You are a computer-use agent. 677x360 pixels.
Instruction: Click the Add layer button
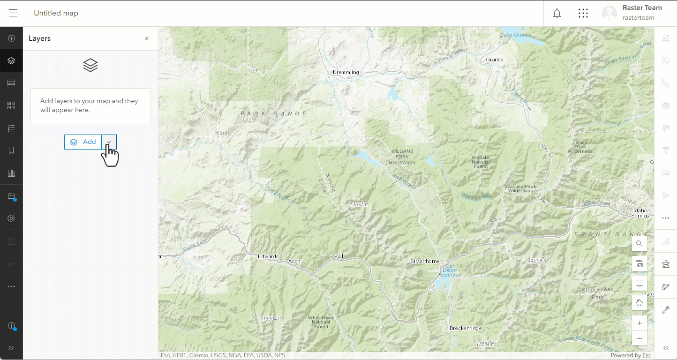83,142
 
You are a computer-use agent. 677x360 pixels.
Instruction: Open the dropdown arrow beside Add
109,142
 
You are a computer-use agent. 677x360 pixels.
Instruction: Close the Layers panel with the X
147,38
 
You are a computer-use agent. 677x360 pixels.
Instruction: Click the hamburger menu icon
13,13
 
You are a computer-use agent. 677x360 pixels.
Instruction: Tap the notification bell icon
557,13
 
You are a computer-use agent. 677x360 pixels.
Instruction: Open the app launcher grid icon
583,13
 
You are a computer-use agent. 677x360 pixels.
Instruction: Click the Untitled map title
56,13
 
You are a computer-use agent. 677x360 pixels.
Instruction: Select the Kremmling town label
346,72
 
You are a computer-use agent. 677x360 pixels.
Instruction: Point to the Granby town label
495,60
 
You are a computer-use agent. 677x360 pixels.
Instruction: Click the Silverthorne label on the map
425,261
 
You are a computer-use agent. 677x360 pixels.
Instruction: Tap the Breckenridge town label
466,328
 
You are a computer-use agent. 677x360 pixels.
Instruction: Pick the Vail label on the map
338,256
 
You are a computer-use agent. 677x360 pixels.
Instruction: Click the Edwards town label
268,256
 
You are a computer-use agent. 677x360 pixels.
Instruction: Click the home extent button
639,303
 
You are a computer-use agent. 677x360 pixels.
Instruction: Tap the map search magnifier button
639,244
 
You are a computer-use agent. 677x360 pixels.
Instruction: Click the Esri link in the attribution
647,355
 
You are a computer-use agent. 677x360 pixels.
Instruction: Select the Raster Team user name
642,8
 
